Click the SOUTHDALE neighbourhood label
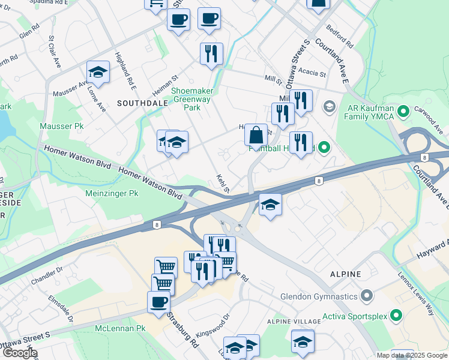tap(142, 103)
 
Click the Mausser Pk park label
tap(62, 127)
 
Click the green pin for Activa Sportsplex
tap(396, 315)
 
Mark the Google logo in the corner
tap(19, 353)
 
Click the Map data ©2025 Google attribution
tap(412, 355)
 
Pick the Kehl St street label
tap(223, 183)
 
